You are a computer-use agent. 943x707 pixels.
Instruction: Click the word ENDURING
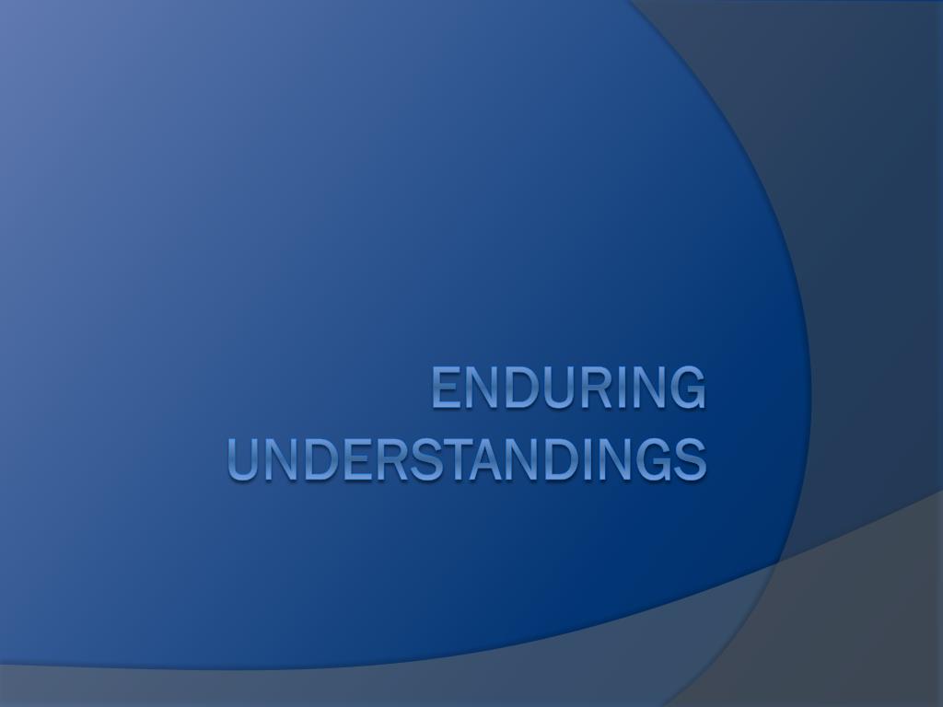point(568,388)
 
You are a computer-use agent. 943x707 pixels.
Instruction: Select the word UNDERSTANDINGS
point(467,459)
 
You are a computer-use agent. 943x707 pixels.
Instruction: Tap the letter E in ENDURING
point(445,388)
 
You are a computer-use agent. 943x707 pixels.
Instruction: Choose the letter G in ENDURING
point(687,388)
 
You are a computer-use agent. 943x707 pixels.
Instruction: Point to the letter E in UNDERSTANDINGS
point(355,459)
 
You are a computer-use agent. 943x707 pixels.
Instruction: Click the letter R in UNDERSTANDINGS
point(388,459)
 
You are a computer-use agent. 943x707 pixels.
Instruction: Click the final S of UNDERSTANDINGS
point(691,459)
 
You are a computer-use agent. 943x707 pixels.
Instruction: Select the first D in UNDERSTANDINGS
point(319,459)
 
